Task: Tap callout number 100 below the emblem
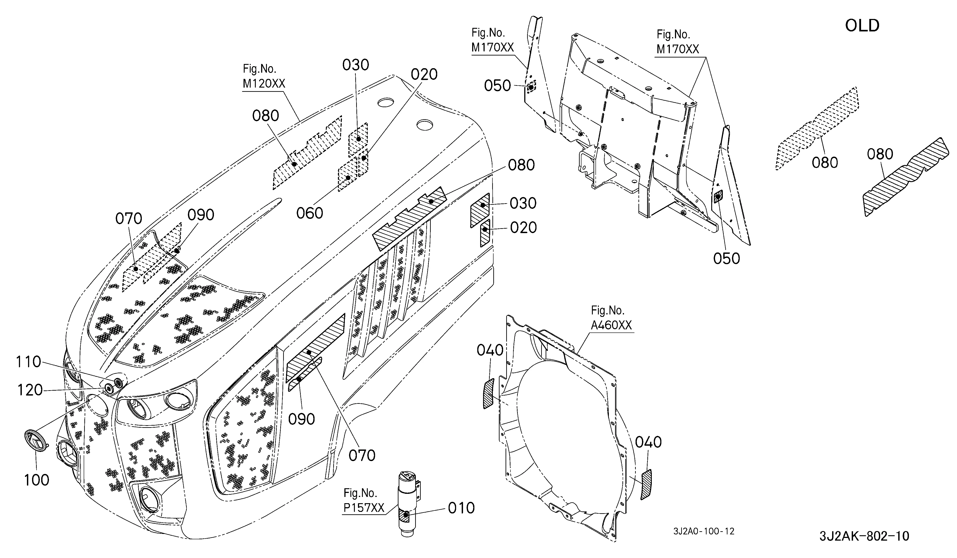pyautogui.click(x=37, y=480)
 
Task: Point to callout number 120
pyautogui.click(x=30, y=390)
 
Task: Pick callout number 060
pyautogui.click(x=309, y=213)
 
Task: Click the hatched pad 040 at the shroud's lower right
pyautogui.click(x=646, y=485)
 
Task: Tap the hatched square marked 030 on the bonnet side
pyautogui.click(x=480, y=211)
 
